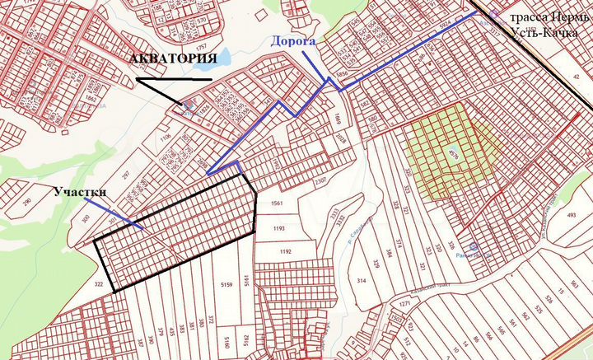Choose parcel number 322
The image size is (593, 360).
pos(99,284)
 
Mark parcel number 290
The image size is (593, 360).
pos(26,202)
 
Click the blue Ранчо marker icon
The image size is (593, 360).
pos(471,246)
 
